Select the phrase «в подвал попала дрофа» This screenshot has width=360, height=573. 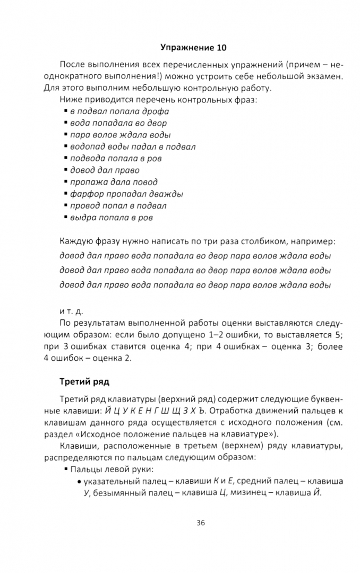click(x=119, y=111)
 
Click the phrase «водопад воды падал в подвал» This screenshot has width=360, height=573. click(x=133, y=146)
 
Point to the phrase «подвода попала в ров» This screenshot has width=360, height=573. click(x=116, y=158)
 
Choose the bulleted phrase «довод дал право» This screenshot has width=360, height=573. click(x=105, y=170)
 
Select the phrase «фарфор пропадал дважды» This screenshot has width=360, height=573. click(x=126, y=194)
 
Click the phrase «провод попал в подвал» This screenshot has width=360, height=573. click(x=118, y=206)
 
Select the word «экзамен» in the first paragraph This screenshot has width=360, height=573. click(x=322, y=76)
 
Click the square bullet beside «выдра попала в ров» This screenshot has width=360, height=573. click(x=66, y=218)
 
